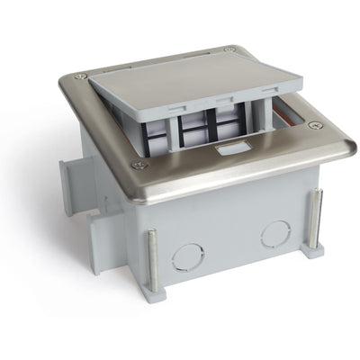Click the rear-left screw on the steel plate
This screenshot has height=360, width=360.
click(82, 76)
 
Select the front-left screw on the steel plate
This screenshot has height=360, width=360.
click(138, 165)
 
